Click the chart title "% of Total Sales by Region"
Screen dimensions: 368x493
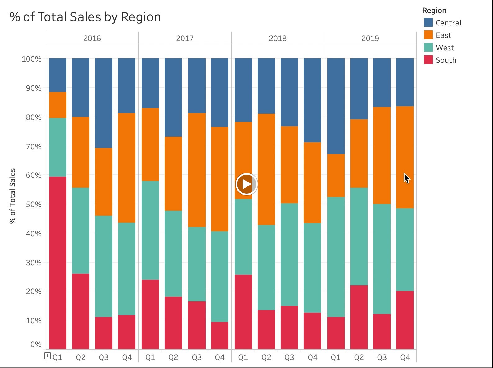click(x=85, y=17)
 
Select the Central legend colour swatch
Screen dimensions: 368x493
click(x=428, y=23)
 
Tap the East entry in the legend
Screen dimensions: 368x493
click(x=443, y=35)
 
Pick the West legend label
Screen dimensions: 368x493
click(x=445, y=48)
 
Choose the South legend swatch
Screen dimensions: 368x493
click(x=428, y=60)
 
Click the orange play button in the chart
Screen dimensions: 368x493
click(x=246, y=184)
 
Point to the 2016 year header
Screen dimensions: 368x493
click(x=92, y=38)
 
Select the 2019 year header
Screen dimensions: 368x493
click(x=370, y=38)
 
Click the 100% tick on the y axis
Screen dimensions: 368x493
click(x=32, y=59)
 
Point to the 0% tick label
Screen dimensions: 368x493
click(x=36, y=344)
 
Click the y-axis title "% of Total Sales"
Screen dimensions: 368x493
click(x=12, y=196)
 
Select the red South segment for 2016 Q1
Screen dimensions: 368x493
click(x=58, y=263)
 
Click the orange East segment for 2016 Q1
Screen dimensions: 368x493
click(x=58, y=105)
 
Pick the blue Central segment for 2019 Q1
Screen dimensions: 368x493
click(x=336, y=106)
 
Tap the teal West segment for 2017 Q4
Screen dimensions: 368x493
click(x=220, y=277)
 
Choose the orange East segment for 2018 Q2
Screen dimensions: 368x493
click(x=266, y=169)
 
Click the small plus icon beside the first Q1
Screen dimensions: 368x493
click(x=47, y=356)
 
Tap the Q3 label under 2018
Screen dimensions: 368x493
click(x=289, y=357)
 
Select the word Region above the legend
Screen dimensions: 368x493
click(x=434, y=11)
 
